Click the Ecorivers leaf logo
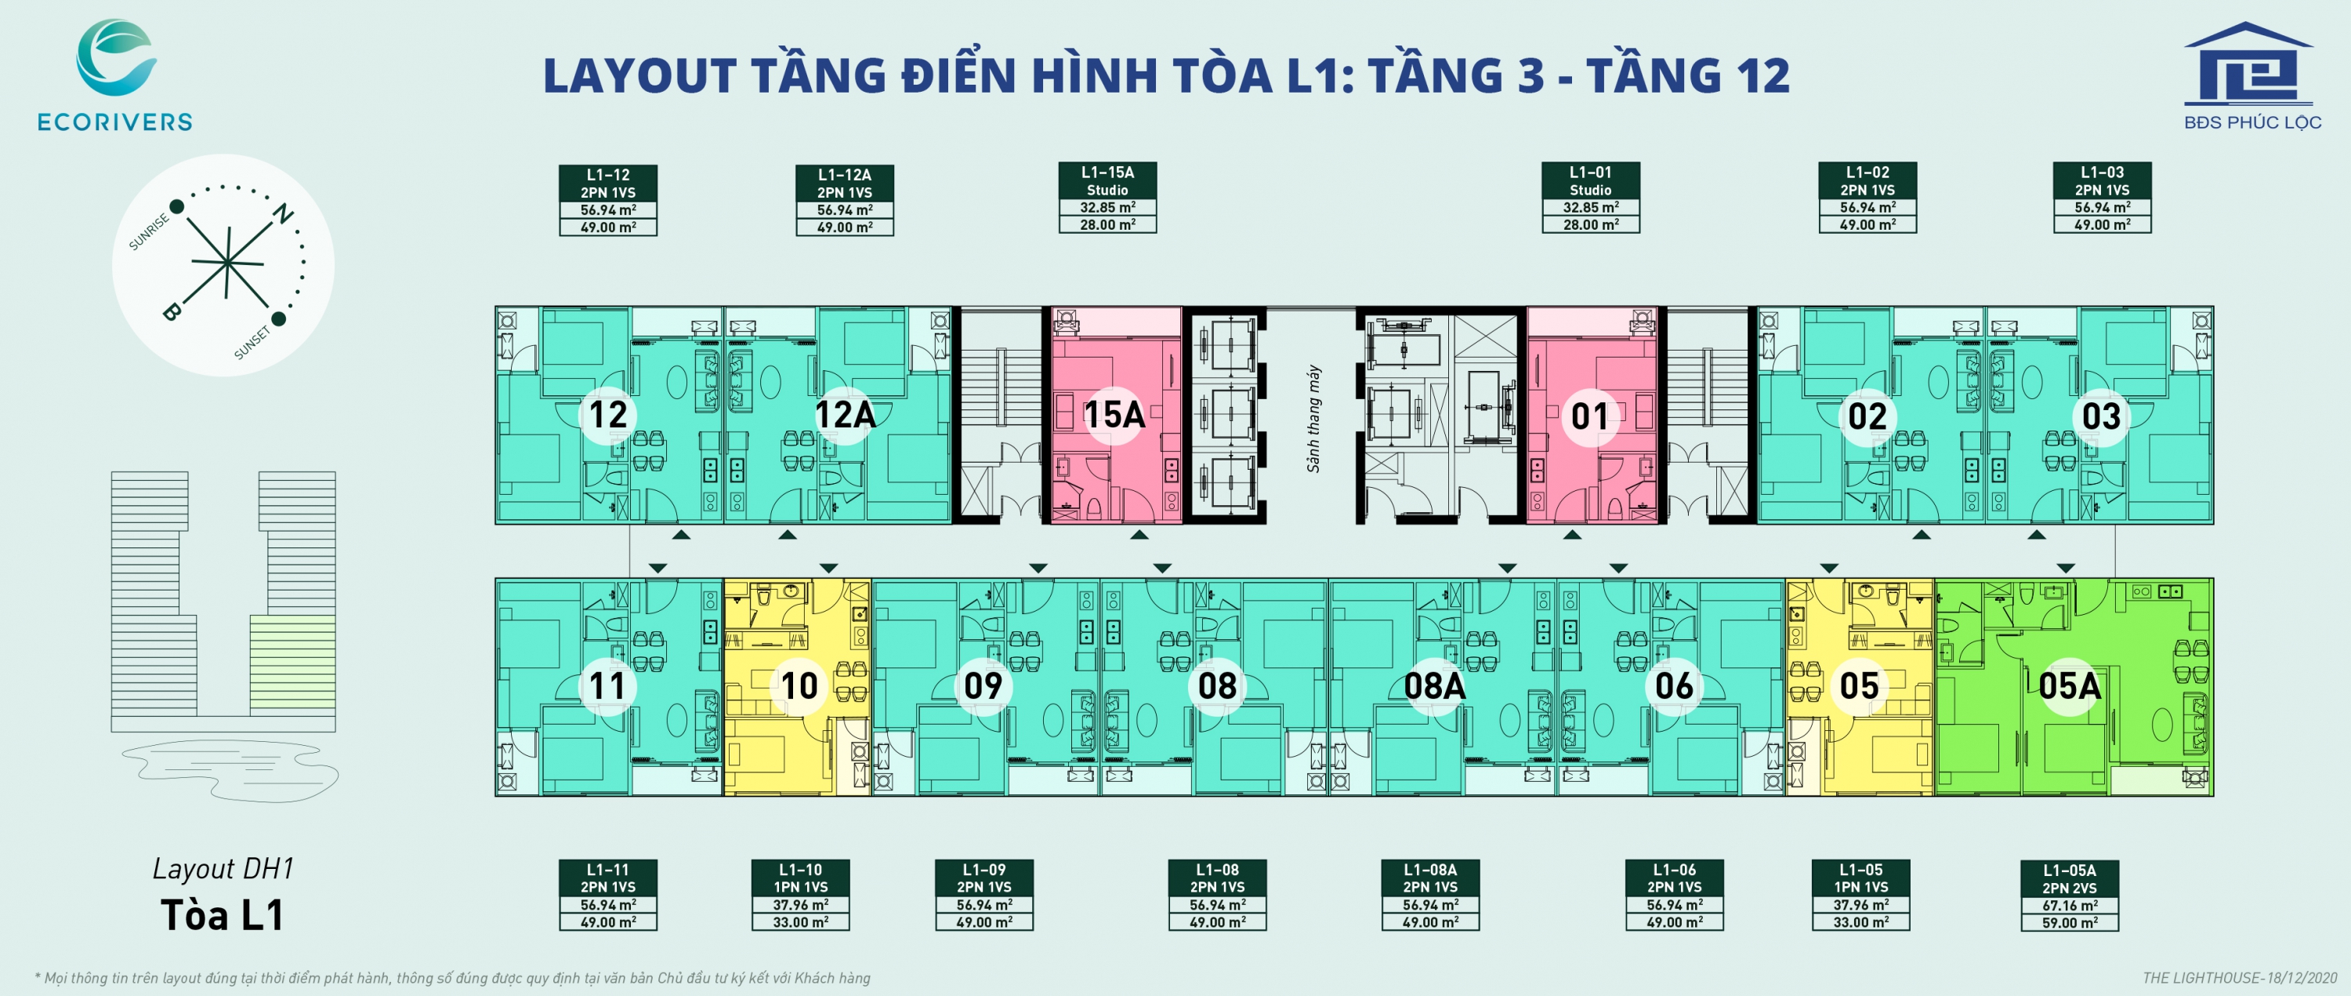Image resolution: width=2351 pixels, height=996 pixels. [x=116, y=57]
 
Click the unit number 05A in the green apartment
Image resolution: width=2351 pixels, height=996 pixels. [x=2070, y=686]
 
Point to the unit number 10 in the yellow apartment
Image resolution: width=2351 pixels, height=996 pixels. [x=800, y=686]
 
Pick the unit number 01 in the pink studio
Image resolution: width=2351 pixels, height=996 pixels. [x=1590, y=417]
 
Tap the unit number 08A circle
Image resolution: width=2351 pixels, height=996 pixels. [x=1435, y=686]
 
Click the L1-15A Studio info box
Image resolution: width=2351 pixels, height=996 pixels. [x=1107, y=197]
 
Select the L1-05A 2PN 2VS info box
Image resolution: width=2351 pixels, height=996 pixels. [x=2070, y=896]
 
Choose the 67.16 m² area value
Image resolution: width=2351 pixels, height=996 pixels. [x=2070, y=906]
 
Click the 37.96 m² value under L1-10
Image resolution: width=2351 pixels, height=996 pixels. [x=800, y=905]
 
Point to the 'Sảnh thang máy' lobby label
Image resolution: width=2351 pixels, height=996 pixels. [x=1313, y=418]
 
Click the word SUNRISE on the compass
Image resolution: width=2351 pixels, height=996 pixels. [x=149, y=232]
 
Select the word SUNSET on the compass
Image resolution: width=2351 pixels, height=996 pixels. [x=252, y=343]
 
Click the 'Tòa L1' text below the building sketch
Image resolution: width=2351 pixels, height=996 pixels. [x=223, y=914]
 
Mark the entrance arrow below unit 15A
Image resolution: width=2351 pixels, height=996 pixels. [x=1139, y=535]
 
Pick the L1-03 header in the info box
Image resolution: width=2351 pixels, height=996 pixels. [x=2102, y=172]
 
